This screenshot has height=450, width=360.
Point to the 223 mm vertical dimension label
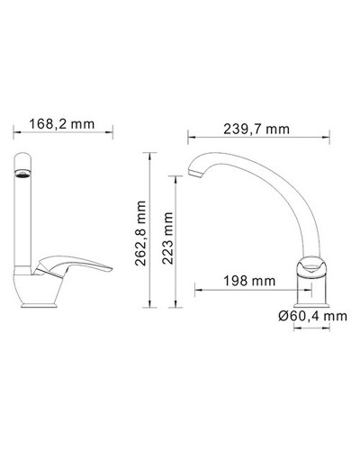pyautogui.click(x=165, y=242)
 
